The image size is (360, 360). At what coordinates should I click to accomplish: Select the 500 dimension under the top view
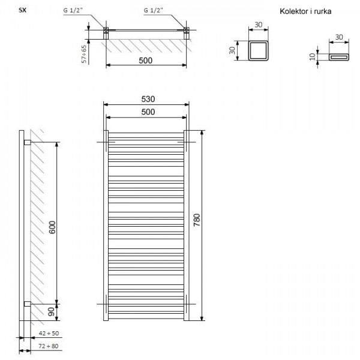point(145,61)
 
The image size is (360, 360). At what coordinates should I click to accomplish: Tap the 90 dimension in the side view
point(52,311)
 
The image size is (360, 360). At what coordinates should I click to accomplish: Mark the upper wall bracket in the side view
point(26,142)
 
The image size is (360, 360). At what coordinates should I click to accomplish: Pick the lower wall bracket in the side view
point(26,302)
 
